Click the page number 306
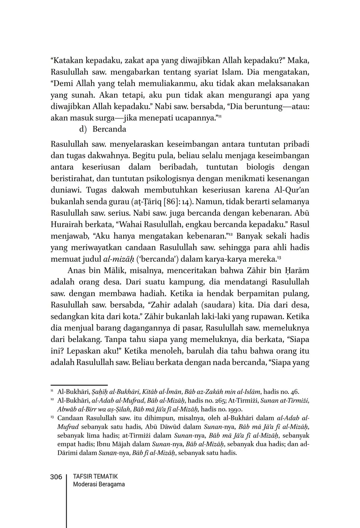pyautogui.click(x=56, y=477)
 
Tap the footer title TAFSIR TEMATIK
pyautogui.click(x=95, y=476)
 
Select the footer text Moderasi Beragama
pyautogui.click(x=99, y=484)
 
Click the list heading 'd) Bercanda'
pyautogui.click(x=102, y=129)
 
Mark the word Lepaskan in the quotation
pyautogui.click(x=84, y=351)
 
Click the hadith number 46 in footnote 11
pyautogui.click(x=294, y=391)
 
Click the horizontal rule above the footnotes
pyautogui.click(x=79, y=385)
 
